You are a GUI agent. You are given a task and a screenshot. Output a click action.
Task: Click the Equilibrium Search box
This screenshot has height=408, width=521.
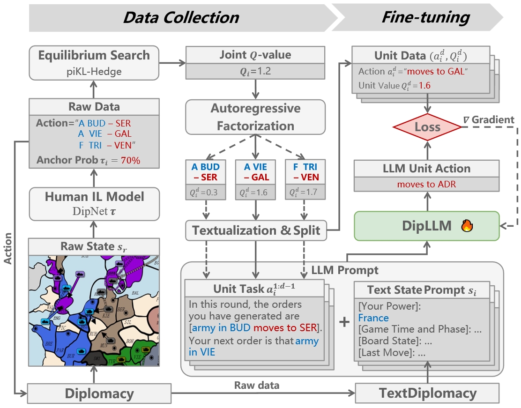click(x=94, y=62)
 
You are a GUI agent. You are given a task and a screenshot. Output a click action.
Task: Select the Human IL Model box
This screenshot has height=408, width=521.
click(x=94, y=204)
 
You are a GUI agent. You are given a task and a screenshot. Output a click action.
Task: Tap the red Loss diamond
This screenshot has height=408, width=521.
click(x=427, y=126)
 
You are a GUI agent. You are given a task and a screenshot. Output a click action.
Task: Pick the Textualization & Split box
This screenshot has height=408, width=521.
click(x=255, y=230)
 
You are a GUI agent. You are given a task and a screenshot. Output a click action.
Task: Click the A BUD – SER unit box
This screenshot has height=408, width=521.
click(x=205, y=172)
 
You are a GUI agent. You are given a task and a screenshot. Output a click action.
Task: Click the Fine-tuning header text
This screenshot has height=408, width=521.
click(x=425, y=17)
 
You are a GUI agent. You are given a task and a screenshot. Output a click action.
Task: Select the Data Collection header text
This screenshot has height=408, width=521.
click(x=181, y=17)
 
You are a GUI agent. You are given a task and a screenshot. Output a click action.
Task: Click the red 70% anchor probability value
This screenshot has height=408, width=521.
click(x=130, y=161)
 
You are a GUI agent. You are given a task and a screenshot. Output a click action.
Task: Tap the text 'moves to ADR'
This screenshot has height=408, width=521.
click(x=426, y=184)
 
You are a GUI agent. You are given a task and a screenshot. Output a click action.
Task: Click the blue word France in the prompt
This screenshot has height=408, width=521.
click(x=373, y=318)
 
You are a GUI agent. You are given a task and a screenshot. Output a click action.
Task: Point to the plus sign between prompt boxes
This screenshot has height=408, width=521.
click(x=344, y=322)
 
